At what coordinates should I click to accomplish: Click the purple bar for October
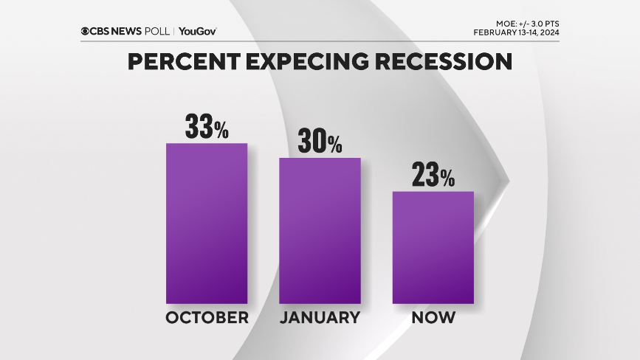coord(207,223)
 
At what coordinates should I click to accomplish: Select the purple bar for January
coord(320,230)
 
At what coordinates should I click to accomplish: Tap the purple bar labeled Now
coord(433,247)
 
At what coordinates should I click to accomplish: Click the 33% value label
coord(207,127)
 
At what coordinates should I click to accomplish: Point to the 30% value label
coord(320,142)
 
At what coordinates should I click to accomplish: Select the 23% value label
coord(433,176)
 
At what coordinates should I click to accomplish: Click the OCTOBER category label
coord(207,318)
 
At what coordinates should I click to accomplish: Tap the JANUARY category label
coord(320,318)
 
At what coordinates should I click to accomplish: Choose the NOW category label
coord(433,318)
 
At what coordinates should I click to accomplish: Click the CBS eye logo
coord(86,31)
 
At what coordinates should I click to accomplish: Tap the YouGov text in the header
coord(198,31)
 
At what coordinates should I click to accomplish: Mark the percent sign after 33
coord(221,131)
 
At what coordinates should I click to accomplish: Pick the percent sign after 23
coord(447,180)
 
